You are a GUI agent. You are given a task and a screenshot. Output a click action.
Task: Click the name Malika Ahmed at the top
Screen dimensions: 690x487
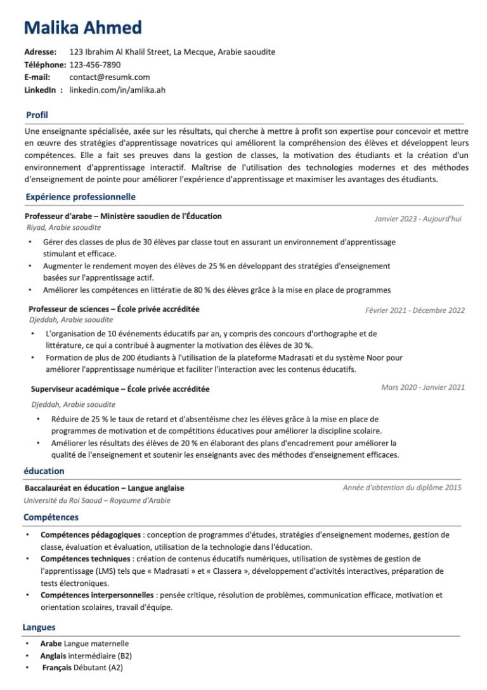(82, 28)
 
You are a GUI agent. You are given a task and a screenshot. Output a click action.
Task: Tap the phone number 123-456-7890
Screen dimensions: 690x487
(94, 65)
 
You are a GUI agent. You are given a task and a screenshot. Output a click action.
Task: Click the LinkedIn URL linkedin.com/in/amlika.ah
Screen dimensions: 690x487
(117, 90)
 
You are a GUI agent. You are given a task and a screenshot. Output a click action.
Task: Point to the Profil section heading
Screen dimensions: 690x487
(37, 115)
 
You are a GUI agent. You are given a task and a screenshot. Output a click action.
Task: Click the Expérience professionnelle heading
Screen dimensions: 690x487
(81, 197)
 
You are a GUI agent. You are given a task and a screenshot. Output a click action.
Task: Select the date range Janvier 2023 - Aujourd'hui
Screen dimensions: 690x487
(418, 219)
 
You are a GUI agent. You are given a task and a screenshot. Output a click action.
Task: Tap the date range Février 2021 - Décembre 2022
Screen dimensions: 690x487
(415, 310)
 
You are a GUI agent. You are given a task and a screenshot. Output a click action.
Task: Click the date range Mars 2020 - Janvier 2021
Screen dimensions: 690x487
(423, 387)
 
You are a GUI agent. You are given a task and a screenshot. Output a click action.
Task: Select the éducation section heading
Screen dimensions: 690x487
(44, 471)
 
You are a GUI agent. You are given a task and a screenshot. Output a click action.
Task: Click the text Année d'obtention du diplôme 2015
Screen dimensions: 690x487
(402, 488)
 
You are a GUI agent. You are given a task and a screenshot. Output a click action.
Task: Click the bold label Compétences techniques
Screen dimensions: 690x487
(86, 559)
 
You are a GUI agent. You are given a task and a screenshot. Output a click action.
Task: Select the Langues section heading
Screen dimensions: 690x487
(39, 627)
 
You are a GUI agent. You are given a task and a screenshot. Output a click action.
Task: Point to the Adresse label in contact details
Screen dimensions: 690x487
(40, 52)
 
